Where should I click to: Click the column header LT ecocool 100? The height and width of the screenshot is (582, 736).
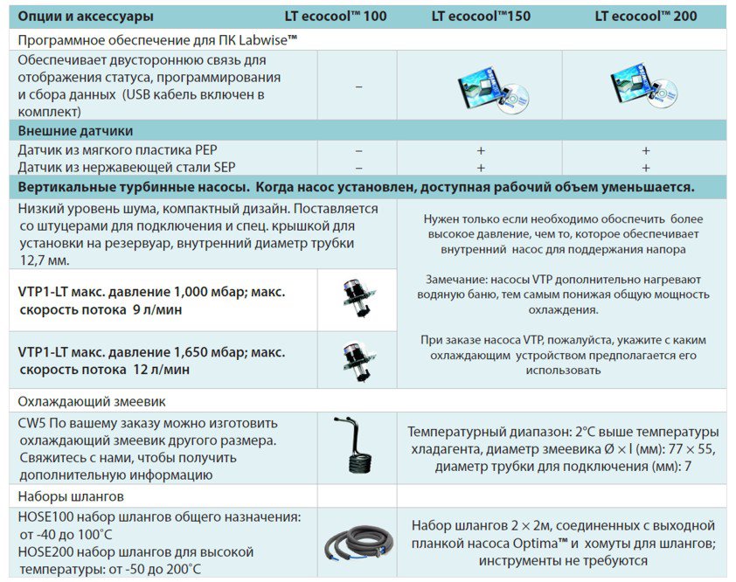click(335, 16)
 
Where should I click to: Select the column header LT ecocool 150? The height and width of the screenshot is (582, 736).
click(483, 16)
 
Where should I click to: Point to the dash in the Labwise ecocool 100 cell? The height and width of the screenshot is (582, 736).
click(358, 87)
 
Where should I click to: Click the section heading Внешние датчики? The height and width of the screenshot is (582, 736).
click(76, 131)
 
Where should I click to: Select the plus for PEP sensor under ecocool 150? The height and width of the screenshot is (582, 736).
click(481, 150)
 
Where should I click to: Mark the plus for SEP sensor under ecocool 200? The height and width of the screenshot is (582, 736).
click(646, 167)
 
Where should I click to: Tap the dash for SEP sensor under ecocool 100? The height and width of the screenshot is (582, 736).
click(358, 167)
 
